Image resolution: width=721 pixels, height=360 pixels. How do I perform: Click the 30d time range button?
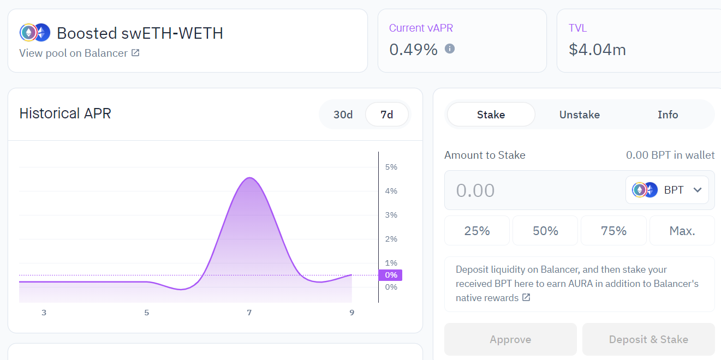coord(343,115)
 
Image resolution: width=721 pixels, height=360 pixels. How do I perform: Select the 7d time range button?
coord(386,115)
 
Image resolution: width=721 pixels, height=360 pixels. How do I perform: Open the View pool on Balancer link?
coord(79,53)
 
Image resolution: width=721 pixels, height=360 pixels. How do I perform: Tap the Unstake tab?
coord(579,115)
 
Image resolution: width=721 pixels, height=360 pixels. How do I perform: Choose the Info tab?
coord(668,115)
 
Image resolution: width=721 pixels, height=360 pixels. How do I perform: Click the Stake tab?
coord(491,115)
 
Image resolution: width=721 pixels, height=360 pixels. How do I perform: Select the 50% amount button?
coord(545,231)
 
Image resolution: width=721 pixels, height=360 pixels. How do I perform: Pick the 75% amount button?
coord(613,231)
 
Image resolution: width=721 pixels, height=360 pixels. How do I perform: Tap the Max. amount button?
coord(682,231)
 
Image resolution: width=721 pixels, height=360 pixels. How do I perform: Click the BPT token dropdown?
coord(667,190)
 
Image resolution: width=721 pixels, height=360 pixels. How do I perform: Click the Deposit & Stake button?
coord(648,339)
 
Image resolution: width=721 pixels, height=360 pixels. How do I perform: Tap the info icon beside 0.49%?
coord(450,49)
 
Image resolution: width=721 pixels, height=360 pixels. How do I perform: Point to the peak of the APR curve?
coord(249,178)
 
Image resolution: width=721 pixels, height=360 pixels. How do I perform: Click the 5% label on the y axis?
coord(391,167)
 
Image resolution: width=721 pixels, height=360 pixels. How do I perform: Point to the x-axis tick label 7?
coord(249,313)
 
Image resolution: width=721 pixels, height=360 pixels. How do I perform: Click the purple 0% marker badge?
coord(390,275)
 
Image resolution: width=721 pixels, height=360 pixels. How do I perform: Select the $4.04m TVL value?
coord(597,50)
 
